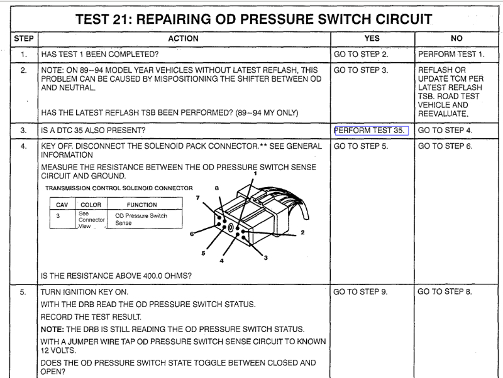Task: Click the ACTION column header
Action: tap(183, 39)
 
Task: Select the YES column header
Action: tap(372, 39)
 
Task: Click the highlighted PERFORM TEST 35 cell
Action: tap(370, 131)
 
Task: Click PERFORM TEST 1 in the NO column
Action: tap(451, 55)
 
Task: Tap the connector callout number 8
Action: tap(216, 188)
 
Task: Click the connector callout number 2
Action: tap(302, 233)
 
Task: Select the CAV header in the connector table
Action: tap(62, 204)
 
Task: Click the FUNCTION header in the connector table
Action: tap(141, 204)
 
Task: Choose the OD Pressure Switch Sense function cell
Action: tap(141, 219)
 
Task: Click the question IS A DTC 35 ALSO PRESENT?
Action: tap(93, 131)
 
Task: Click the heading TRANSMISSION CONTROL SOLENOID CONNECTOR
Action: tap(119, 188)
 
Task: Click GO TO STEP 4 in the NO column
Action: tap(445, 131)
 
